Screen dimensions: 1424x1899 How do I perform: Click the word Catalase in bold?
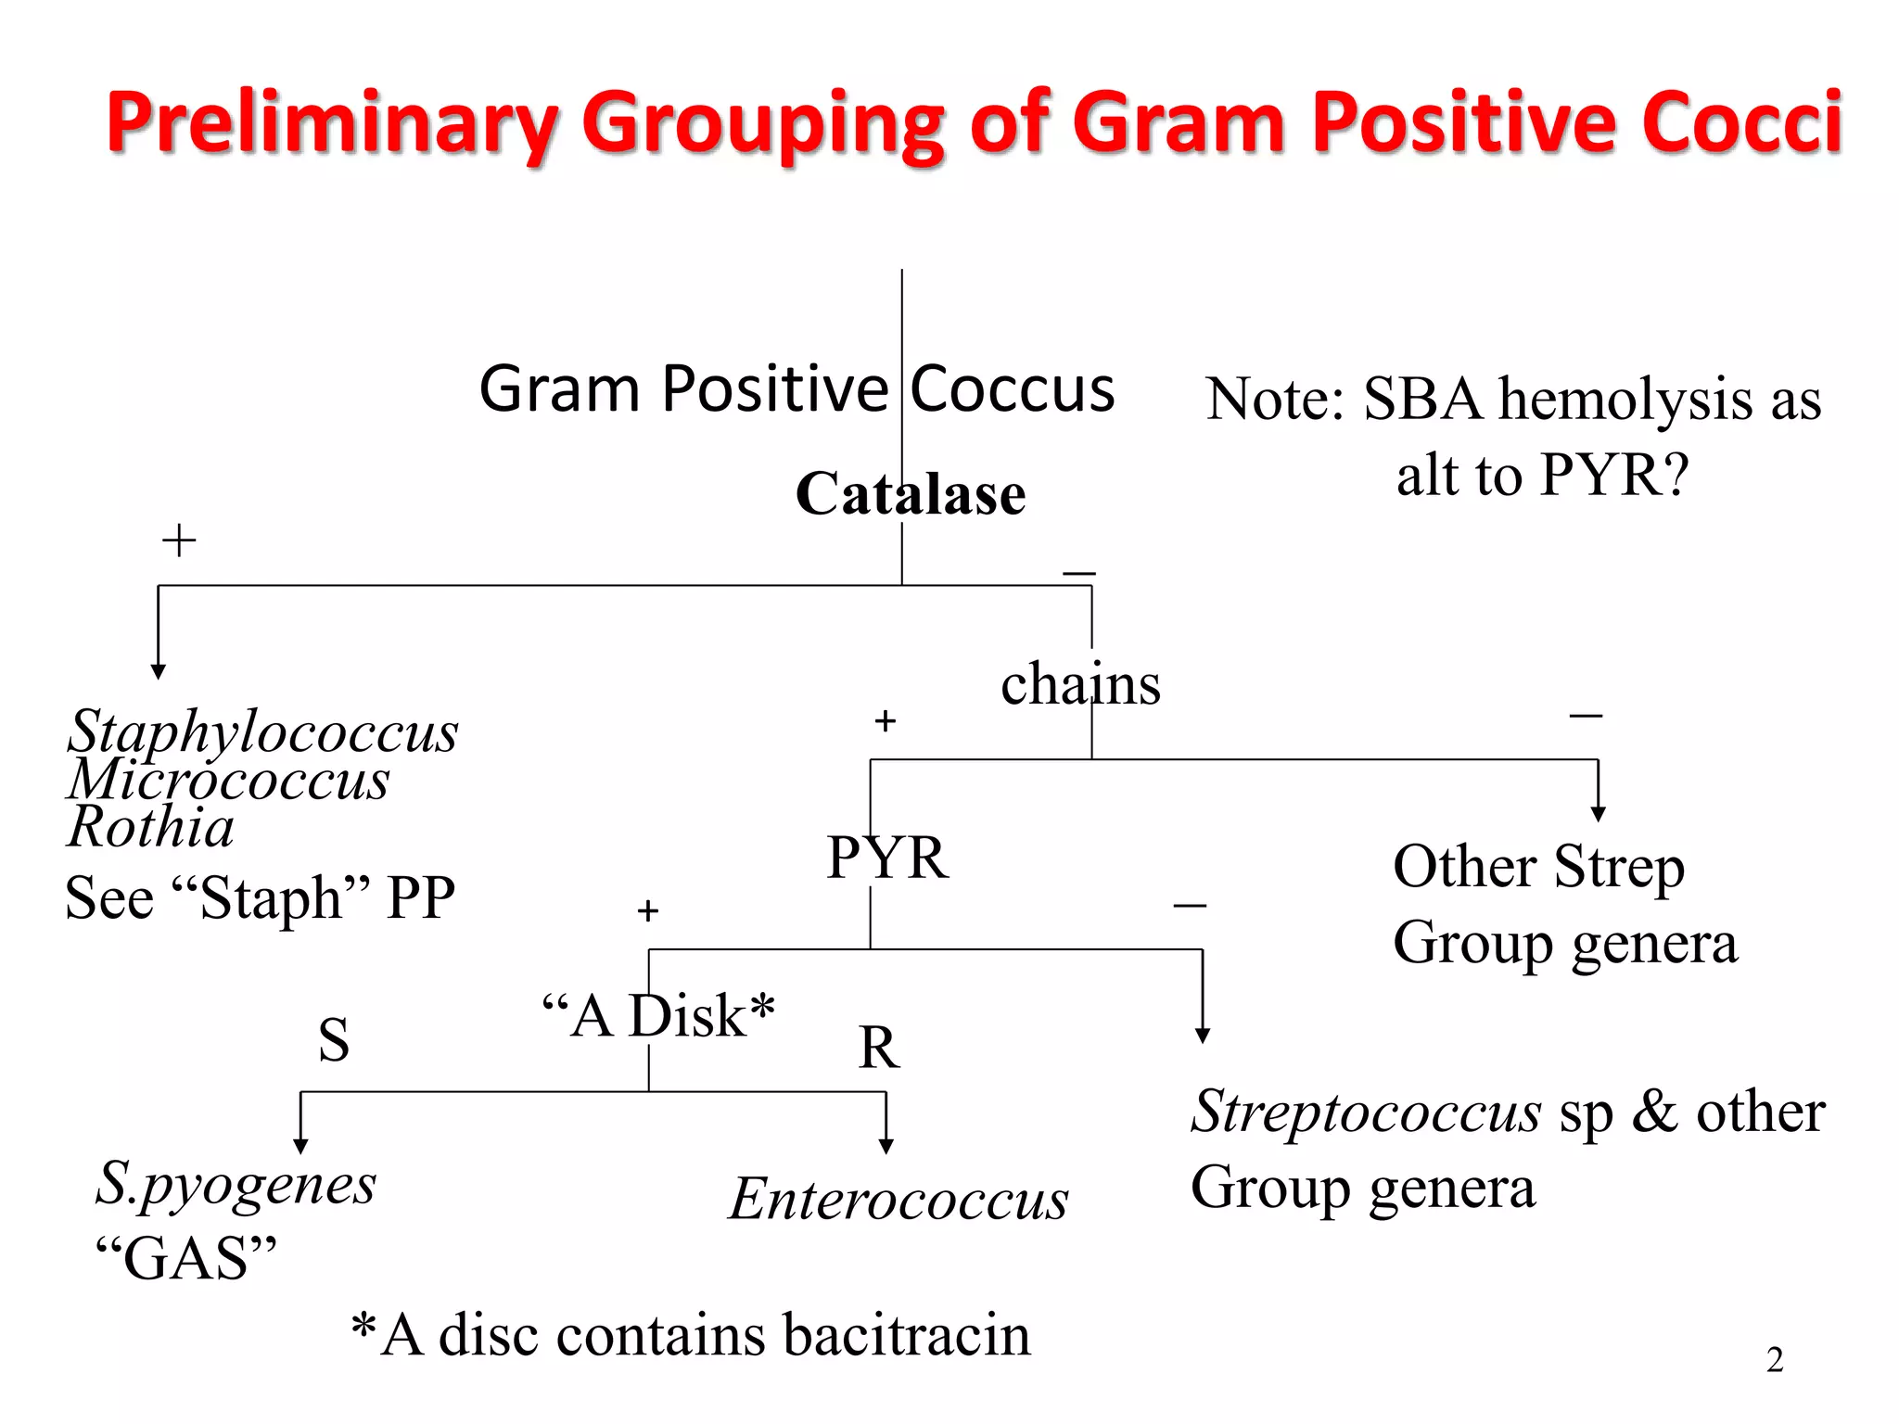tap(911, 493)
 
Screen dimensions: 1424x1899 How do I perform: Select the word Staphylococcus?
tap(263, 731)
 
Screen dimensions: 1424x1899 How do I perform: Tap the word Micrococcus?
tap(229, 779)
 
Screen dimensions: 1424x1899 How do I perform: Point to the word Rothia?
tap(151, 826)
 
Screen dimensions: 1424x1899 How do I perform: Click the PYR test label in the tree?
tap(887, 858)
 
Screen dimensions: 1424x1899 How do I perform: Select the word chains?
tap(1080, 684)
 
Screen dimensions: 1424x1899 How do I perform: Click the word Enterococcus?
tap(899, 1199)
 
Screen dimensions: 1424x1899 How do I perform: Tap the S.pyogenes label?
tap(236, 1184)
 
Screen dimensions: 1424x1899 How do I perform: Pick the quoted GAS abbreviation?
tap(186, 1258)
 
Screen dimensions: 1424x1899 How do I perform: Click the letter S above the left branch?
tap(334, 1039)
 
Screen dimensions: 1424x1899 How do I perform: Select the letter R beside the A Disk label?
tap(879, 1048)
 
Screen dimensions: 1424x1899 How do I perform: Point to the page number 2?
tap(1775, 1360)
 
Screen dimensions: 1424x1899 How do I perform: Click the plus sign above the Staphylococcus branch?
tap(179, 540)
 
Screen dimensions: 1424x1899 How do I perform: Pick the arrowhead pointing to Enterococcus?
tap(886, 1147)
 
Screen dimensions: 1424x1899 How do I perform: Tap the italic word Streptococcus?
tap(1366, 1112)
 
